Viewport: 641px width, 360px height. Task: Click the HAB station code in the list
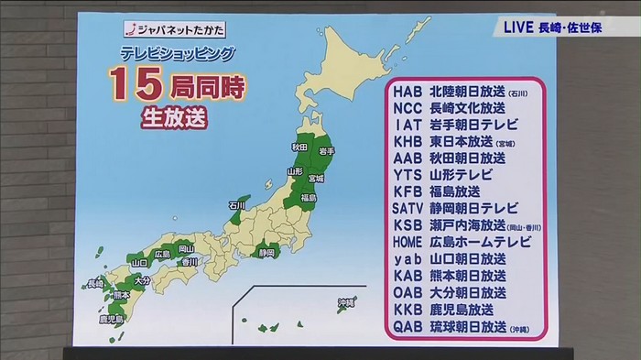(409, 93)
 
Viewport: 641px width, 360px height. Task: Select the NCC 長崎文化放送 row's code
(409, 109)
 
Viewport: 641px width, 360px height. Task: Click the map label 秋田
(299, 146)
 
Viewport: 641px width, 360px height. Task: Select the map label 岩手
(326, 149)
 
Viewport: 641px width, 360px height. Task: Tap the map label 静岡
(266, 252)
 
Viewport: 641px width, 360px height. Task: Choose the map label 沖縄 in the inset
(345, 301)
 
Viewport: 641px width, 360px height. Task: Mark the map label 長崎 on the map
(94, 283)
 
